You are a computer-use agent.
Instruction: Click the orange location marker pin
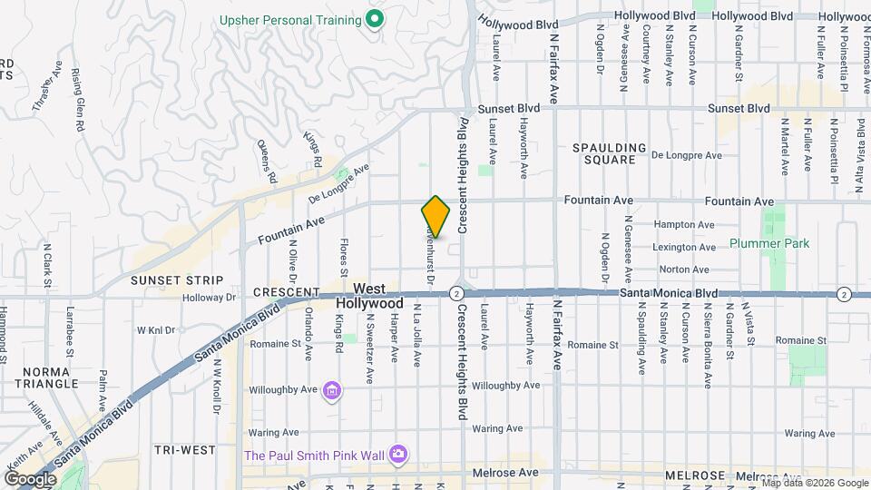[435, 217]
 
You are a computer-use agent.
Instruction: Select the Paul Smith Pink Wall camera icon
[397, 454]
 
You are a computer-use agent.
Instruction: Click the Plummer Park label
[768, 244]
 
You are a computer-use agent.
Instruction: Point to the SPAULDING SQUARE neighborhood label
[609, 153]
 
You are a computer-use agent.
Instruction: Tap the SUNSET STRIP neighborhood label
[171, 279]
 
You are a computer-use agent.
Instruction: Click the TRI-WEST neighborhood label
[184, 450]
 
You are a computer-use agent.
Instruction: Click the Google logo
[30, 478]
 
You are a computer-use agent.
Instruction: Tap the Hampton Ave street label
[685, 225]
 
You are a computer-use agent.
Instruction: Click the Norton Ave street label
[684, 269]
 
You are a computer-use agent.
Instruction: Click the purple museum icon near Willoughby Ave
[333, 391]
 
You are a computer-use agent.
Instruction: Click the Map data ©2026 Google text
[814, 482]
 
